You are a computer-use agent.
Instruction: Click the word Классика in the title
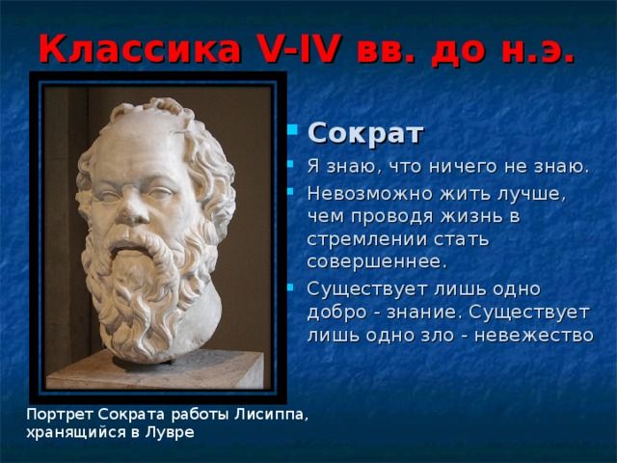[140, 49]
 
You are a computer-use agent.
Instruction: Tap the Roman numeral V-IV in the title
[300, 49]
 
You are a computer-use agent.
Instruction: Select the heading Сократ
[365, 134]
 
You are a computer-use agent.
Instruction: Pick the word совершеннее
[377, 261]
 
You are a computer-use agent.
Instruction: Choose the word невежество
[533, 335]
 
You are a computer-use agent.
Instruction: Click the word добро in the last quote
[336, 313]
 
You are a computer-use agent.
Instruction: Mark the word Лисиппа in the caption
[271, 415]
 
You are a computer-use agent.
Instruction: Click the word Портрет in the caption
[60, 415]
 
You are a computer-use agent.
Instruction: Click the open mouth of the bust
[125, 248]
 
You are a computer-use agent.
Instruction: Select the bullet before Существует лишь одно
[291, 287]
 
